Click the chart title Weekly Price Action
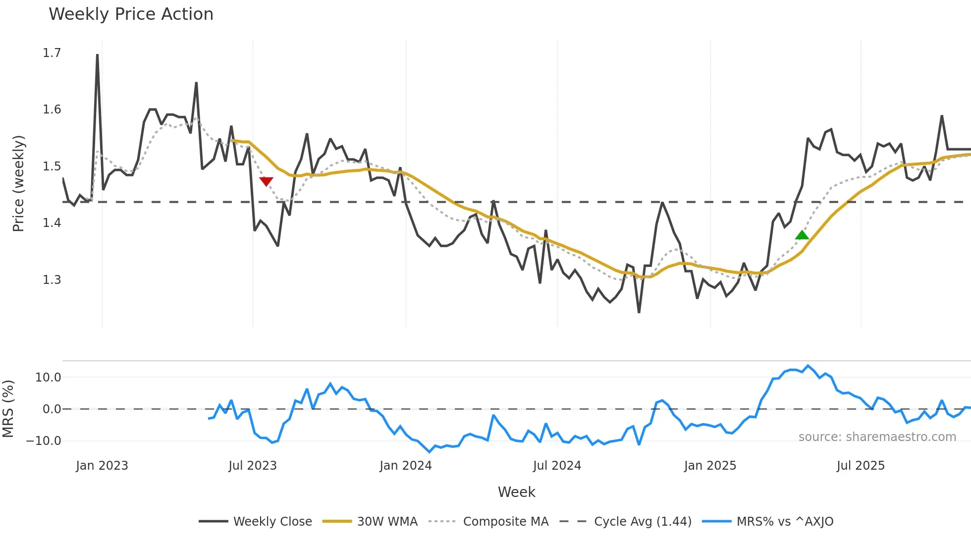[x=131, y=14]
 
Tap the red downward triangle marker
[x=266, y=181]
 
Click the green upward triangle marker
[x=802, y=235]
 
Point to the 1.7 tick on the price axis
[x=52, y=53]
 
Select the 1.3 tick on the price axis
[x=52, y=280]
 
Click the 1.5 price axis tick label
[x=52, y=166]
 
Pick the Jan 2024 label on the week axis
[x=406, y=466]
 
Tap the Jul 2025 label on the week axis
[x=861, y=466]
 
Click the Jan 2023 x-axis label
[x=102, y=466]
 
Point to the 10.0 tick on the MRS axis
[x=48, y=378]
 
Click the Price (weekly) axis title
[x=18, y=183]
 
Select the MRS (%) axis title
[x=8, y=409]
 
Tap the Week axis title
[x=516, y=492]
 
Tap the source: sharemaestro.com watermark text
[x=877, y=437]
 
